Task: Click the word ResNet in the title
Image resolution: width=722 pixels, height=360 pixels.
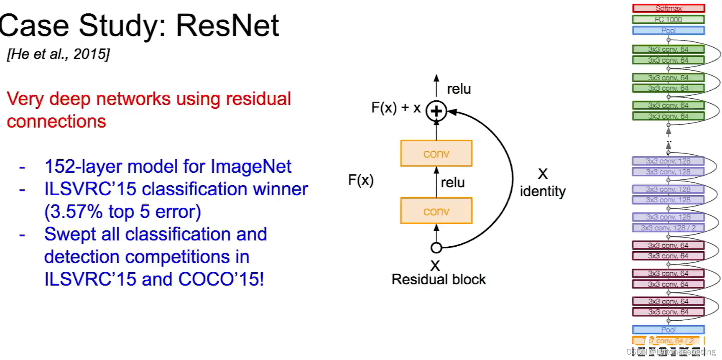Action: tap(227, 26)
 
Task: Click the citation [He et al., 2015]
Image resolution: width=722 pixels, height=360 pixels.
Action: tap(58, 54)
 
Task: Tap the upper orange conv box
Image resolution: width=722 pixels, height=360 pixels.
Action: tap(436, 153)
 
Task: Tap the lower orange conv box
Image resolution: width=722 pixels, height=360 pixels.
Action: tap(436, 211)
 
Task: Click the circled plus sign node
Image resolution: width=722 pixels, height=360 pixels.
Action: tap(436, 111)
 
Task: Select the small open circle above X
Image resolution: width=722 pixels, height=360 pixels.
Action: tap(436, 248)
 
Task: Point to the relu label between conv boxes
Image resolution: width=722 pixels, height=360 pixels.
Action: tap(452, 182)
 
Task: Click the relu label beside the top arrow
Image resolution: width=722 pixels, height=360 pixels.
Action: tap(459, 89)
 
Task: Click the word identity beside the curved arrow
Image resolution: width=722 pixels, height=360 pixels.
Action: tap(542, 191)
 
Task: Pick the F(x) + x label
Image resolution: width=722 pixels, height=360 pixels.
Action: tap(395, 108)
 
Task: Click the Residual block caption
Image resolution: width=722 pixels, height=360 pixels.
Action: tap(438, 279)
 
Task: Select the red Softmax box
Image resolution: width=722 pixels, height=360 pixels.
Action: tap(668, 8)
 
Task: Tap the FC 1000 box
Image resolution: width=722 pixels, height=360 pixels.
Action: tap(668, 19)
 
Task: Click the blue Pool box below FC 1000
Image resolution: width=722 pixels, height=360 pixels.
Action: tap(668, 30)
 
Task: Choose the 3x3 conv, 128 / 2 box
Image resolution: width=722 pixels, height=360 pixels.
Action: tap(668, 228)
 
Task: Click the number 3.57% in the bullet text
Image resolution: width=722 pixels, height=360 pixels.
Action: tap(74, 212)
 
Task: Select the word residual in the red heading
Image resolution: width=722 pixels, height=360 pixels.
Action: tap(258, 99)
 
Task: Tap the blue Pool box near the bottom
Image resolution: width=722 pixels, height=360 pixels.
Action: tap(668, 329)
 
